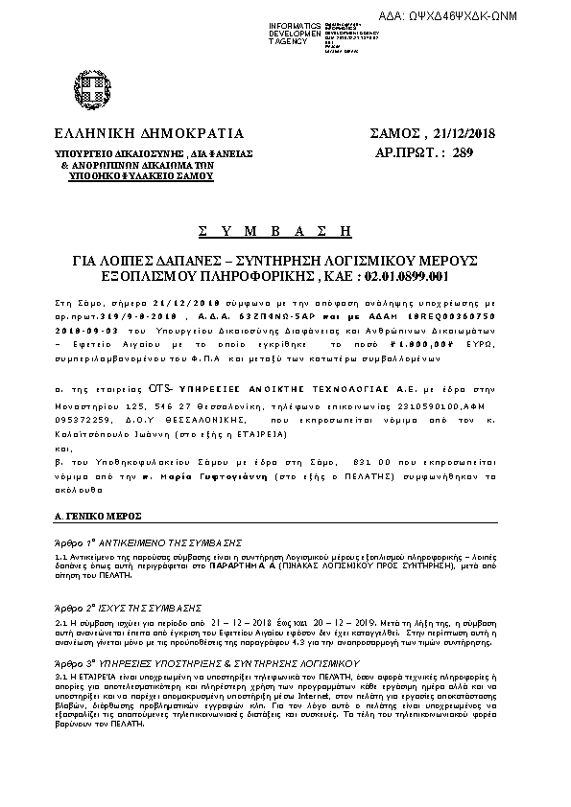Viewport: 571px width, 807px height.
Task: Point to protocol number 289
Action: (463, 151)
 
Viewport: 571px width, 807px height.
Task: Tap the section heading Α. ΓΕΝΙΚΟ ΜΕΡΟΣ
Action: (98, 516)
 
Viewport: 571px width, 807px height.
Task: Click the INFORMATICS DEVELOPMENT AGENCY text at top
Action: (295, 32)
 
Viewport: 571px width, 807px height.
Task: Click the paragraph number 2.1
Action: (60, 622)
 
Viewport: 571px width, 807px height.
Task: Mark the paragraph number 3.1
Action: (60, 678)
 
